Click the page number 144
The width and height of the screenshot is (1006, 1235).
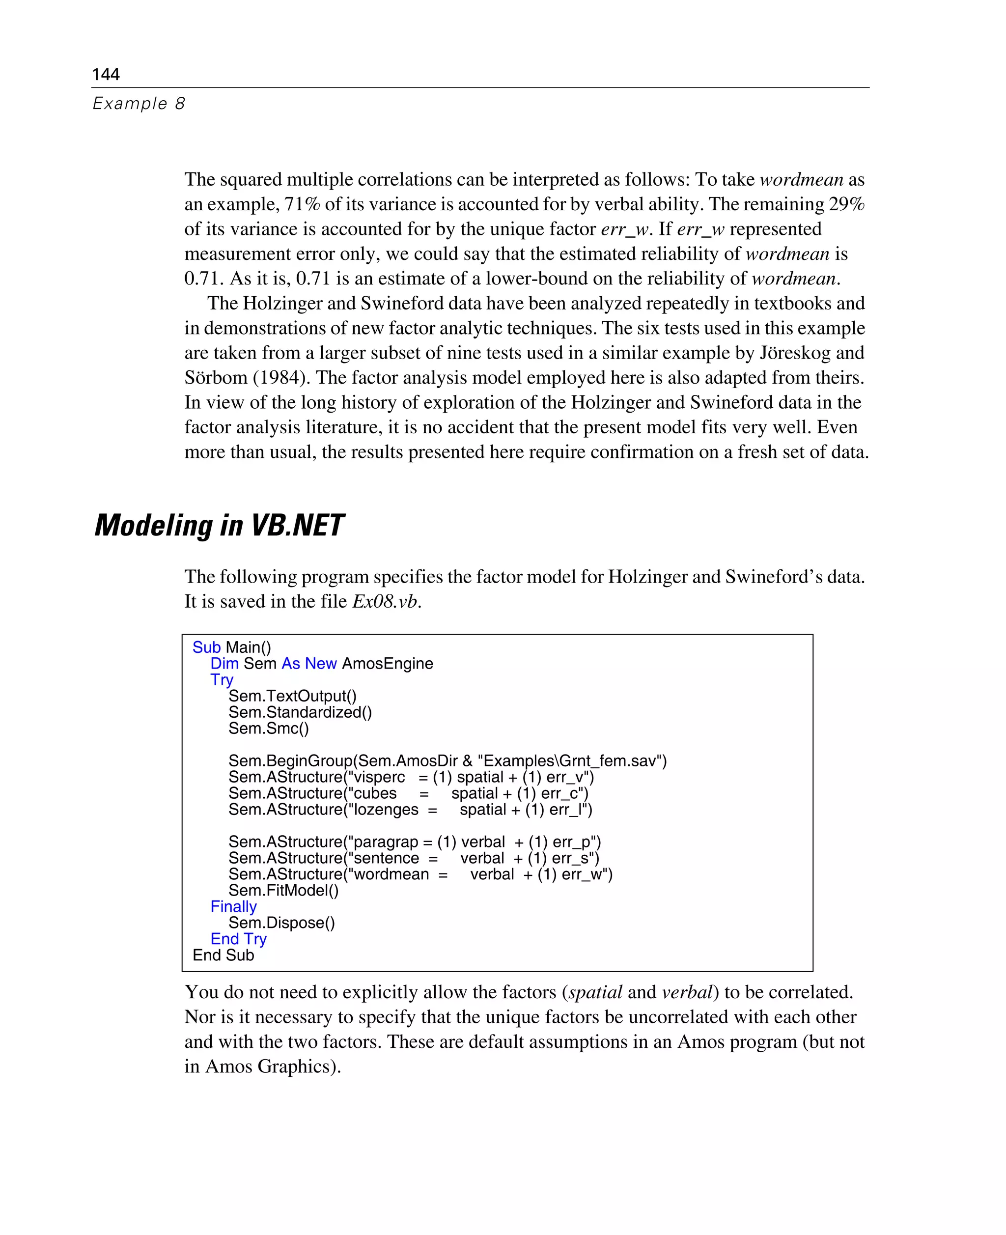106,74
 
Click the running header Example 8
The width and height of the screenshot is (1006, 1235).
139,104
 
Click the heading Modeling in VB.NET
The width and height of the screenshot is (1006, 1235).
219,525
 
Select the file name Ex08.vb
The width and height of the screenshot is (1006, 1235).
384,602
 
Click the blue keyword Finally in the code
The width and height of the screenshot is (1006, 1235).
233,906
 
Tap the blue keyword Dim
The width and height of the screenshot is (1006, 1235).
224,664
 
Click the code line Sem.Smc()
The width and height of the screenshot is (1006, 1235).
268,729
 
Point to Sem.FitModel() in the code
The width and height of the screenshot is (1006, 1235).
283,890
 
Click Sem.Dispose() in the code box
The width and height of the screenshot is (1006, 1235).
281,923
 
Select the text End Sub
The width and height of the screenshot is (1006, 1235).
223,955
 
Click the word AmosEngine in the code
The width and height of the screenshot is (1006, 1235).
387,664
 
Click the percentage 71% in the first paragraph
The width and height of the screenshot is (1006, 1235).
302,204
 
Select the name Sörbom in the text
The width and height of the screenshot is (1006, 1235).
216,378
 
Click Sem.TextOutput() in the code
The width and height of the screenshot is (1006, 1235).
292,696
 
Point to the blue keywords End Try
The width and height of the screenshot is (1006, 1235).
238,939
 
